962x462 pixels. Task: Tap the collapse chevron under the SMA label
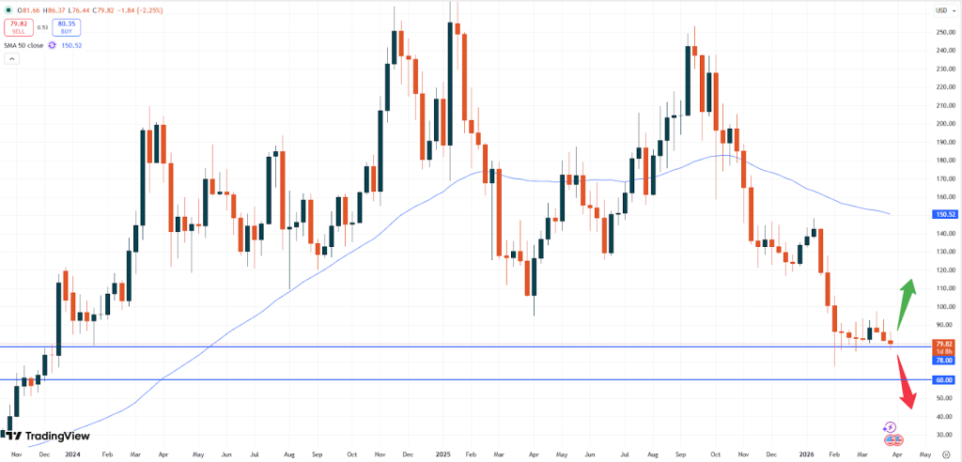(12, 58)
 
